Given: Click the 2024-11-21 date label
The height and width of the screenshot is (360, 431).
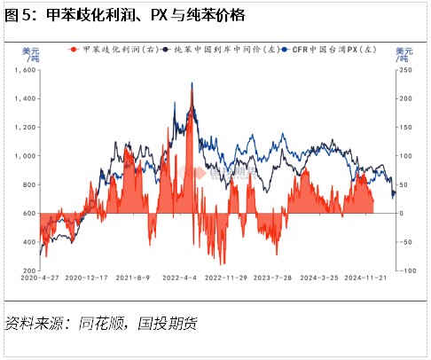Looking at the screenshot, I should [x=363, y=278].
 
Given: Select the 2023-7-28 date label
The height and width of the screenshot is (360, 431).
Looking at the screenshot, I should [x=272, y=278].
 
